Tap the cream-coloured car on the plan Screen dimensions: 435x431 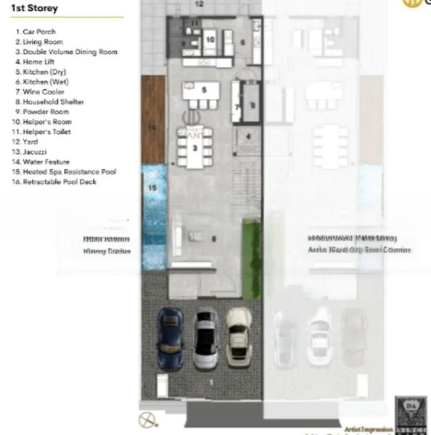point(238,336)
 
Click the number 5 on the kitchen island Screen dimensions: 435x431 point(205,90)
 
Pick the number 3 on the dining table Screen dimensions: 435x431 point(195,147)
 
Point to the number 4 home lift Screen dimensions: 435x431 point(248,136)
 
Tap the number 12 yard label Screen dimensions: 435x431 point(200,4)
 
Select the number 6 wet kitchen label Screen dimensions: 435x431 point(243,43)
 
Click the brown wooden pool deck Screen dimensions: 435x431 point(153,120)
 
